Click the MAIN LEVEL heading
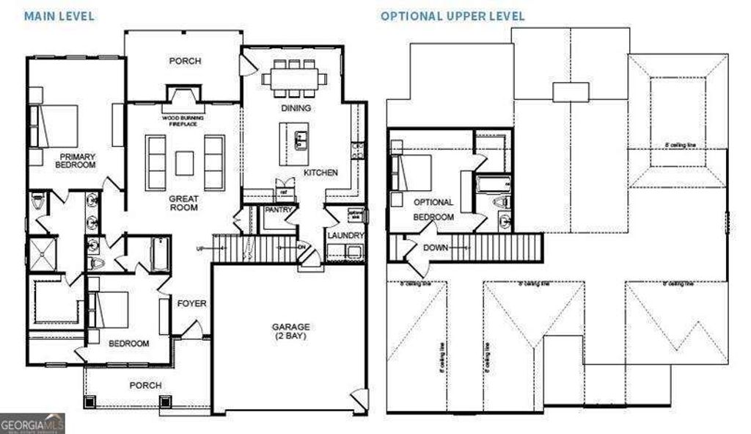(x=59, y=15)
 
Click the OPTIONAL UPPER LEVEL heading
(x=453, y=15)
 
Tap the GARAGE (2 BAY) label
(x=292, y=331)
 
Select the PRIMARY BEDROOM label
(x=77, y=160)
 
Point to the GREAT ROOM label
(x=183, y=203)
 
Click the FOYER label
(x=192, y=303)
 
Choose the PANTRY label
(x=279, y=210)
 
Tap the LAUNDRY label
(x=346, y=235)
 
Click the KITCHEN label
(x=321, y=173)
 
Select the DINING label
(x=296, y=108)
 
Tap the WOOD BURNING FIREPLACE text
(x=183, y=120)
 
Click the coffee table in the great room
(x=185, y=162)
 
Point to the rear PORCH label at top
(x=185, y=61)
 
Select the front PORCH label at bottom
(x=145, y=385)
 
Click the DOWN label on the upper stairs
(x=436, y=247)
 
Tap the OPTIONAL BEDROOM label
(x=433, y=209)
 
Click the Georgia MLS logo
(x=33, y=423)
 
